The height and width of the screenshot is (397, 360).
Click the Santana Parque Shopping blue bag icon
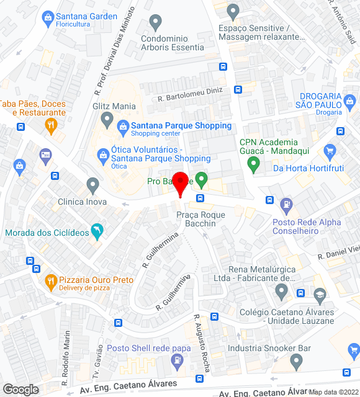[123, 127]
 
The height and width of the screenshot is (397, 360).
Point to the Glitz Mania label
[114, 105]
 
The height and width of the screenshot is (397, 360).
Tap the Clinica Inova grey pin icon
[93, 184]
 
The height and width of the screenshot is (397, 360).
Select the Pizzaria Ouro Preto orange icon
[51, 283]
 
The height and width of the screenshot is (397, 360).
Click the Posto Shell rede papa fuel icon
[178, 360]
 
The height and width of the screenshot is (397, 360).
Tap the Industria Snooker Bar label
[269, 349]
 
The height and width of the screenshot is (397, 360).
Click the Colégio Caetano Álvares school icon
[320, 294]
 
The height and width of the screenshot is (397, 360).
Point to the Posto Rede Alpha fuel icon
[286, 203]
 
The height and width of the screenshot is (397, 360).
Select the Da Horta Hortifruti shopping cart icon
[330, 151]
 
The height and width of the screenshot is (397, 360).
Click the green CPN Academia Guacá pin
[253, 164]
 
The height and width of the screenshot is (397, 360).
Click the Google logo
[20, 390]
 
